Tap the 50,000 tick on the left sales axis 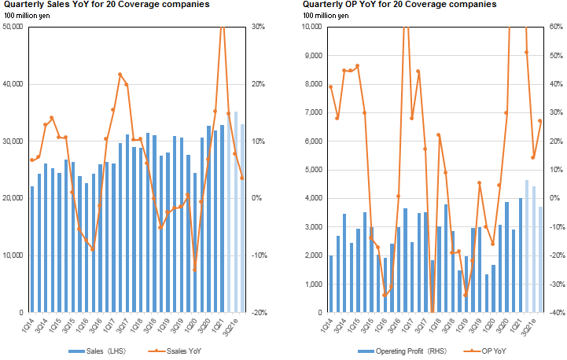(x=13, y=27)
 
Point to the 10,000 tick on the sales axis (x=13, y=255)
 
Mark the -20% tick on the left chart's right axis (x=260, y=312)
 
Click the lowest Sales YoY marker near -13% (x=194, y=270)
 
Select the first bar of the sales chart (x=32, y=248)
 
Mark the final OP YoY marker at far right (x=540, y=120)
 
